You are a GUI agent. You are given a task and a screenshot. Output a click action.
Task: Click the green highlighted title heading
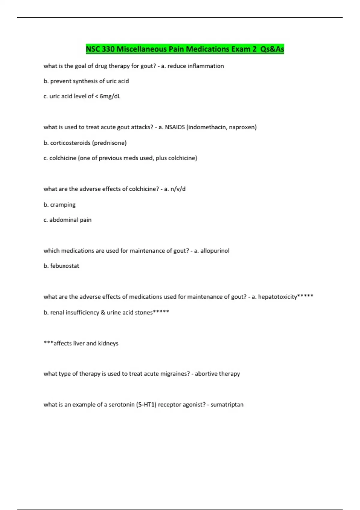185,49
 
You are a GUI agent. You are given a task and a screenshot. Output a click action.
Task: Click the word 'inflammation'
205,66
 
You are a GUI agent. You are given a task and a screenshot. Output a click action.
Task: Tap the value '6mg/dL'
110,96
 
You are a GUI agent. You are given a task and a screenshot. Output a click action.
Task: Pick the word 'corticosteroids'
70,143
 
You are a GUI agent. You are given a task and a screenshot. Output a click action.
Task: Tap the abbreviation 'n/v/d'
178,189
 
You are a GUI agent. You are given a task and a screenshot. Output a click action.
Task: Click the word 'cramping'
63,205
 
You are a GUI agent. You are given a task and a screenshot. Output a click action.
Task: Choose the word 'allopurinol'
215,251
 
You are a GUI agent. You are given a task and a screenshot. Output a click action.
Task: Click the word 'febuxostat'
64,266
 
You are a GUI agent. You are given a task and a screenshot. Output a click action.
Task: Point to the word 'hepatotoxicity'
277,297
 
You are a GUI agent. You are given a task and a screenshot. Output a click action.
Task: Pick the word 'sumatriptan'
227,405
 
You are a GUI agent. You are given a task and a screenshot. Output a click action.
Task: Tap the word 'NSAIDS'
175,127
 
